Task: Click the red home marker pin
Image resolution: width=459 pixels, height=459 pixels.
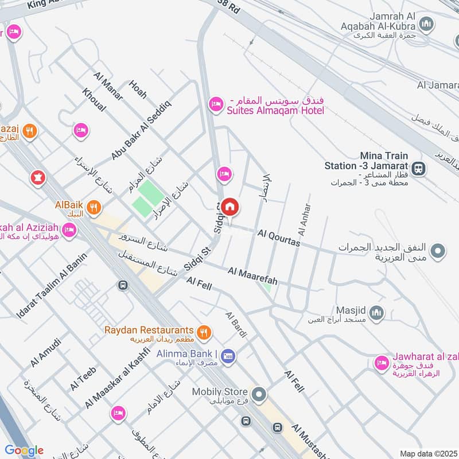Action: pyautogui.click(x=230, y=207)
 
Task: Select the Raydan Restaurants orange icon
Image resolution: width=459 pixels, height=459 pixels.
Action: pyautogui.click(x=203, y=332)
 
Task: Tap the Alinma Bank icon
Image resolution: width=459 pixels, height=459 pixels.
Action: pyautogui.click(x=228, y=356)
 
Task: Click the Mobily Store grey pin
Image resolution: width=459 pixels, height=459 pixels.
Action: pyautogui.click(x=259, y=394)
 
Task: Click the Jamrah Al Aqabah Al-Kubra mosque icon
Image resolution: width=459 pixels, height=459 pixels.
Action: pyautogui.click(x=425, y=24)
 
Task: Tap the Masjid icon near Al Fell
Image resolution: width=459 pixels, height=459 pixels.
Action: pyautogui.click(x=376, y=313)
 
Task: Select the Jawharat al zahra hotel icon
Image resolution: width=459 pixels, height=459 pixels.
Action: pyautogui.click(x=381, y=363)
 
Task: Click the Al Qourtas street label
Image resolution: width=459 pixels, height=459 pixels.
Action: pyautogui.click(x=279, y=238)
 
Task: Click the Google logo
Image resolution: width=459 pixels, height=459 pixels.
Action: pyautogui.click(x=24, y=450)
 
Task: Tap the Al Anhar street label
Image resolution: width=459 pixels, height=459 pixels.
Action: pyautogui.click(x=304, y=221)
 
